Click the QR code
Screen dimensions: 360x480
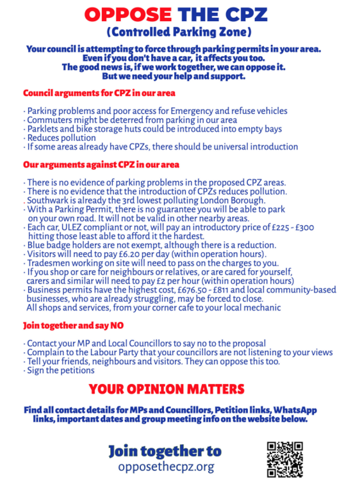(284, 458)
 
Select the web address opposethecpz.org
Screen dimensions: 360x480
(165, 467)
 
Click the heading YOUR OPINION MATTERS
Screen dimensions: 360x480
(167, 388)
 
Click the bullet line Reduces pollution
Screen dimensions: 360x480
(61, 138)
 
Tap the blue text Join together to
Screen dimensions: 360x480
(165, 451)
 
